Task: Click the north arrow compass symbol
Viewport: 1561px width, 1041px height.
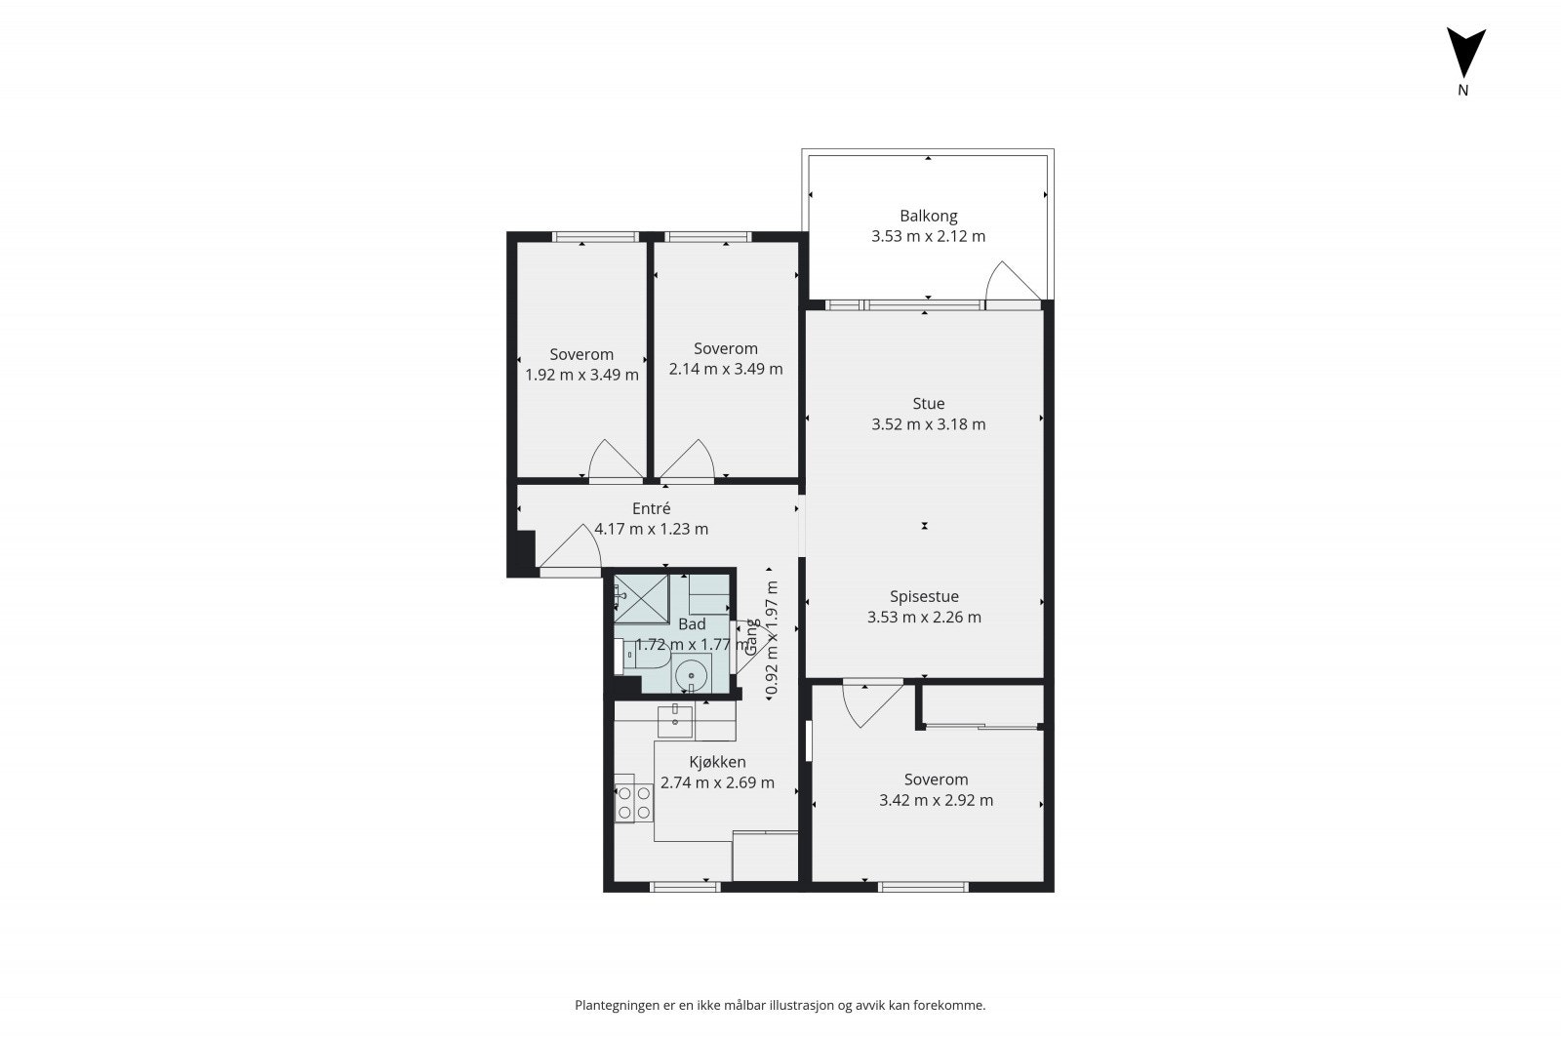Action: coord(1464,54)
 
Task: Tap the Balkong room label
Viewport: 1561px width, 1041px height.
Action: coord(928,216)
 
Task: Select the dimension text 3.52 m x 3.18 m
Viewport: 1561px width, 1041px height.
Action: coord(928,424)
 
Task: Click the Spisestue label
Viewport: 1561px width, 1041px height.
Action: coord(924,596)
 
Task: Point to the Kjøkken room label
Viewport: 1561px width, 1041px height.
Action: coord(717,762)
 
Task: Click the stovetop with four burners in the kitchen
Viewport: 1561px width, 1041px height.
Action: coord(632,803)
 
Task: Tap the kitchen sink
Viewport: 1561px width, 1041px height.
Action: coord(675,721)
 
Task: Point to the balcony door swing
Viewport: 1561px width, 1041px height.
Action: coord(1008,284)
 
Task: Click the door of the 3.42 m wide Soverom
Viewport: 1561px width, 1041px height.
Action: coord(867,703)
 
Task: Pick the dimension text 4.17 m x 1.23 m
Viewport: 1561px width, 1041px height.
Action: coord(651,530)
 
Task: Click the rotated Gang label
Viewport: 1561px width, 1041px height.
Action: coord(752,635)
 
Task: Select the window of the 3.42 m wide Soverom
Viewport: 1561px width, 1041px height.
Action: coord(923,887)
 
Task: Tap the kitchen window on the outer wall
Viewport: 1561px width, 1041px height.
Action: coord(684,887)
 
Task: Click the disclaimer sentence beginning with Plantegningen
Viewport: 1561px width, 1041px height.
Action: coord(780,1005)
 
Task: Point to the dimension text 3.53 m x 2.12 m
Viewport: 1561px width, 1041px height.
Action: coord(928,236)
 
